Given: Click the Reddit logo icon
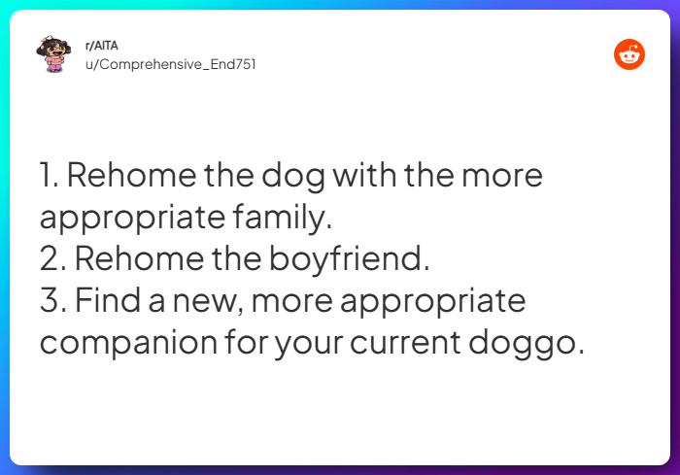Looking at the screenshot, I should coord(629,55).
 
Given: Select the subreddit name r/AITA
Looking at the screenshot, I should coord(102,46).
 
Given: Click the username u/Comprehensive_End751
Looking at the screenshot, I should coord(171,64).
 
